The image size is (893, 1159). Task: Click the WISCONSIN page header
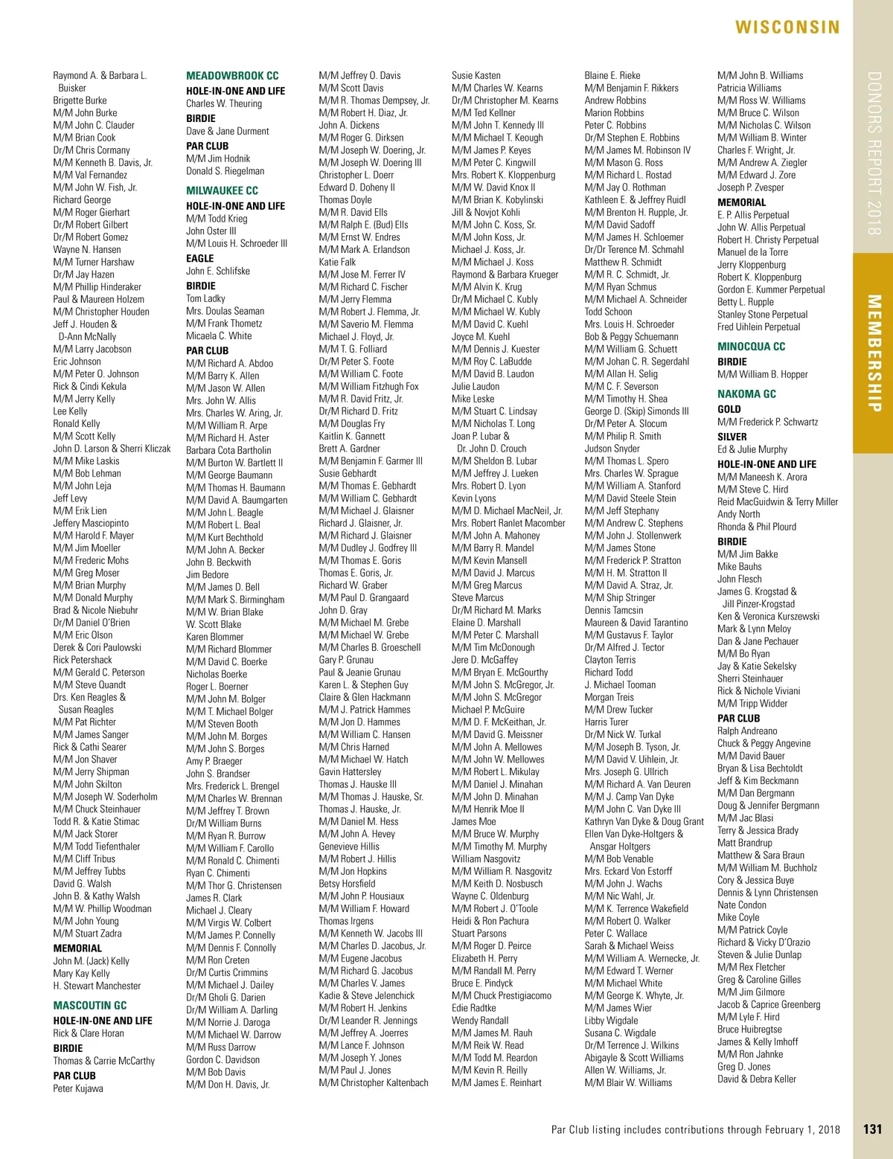(787, 28)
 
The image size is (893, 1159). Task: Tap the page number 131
(872, 1129)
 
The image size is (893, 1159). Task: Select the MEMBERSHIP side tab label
(874, 353)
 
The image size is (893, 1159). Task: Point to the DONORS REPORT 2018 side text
(874, 153)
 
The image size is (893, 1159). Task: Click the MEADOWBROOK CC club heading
(232, 76)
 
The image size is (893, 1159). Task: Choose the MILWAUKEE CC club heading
(222, 190)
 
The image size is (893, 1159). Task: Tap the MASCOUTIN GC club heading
(89, 1005)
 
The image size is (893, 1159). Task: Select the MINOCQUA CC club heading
(751, 347)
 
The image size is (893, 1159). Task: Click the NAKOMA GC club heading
(746, 394)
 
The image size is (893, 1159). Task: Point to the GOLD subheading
(729, 409)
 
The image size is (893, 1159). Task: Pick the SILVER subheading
(732, 437)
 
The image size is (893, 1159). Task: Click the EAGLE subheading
(200, 258)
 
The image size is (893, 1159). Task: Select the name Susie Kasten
(476, 75)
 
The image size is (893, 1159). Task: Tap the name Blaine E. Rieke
(612, 75)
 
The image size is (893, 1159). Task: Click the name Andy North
(739, 514)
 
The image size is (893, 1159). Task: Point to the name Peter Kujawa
(78, 1088)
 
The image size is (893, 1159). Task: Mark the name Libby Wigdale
(611, 1021)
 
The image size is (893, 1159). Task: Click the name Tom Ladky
(205, 298)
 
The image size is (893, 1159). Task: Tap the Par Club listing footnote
(695, 1129)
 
